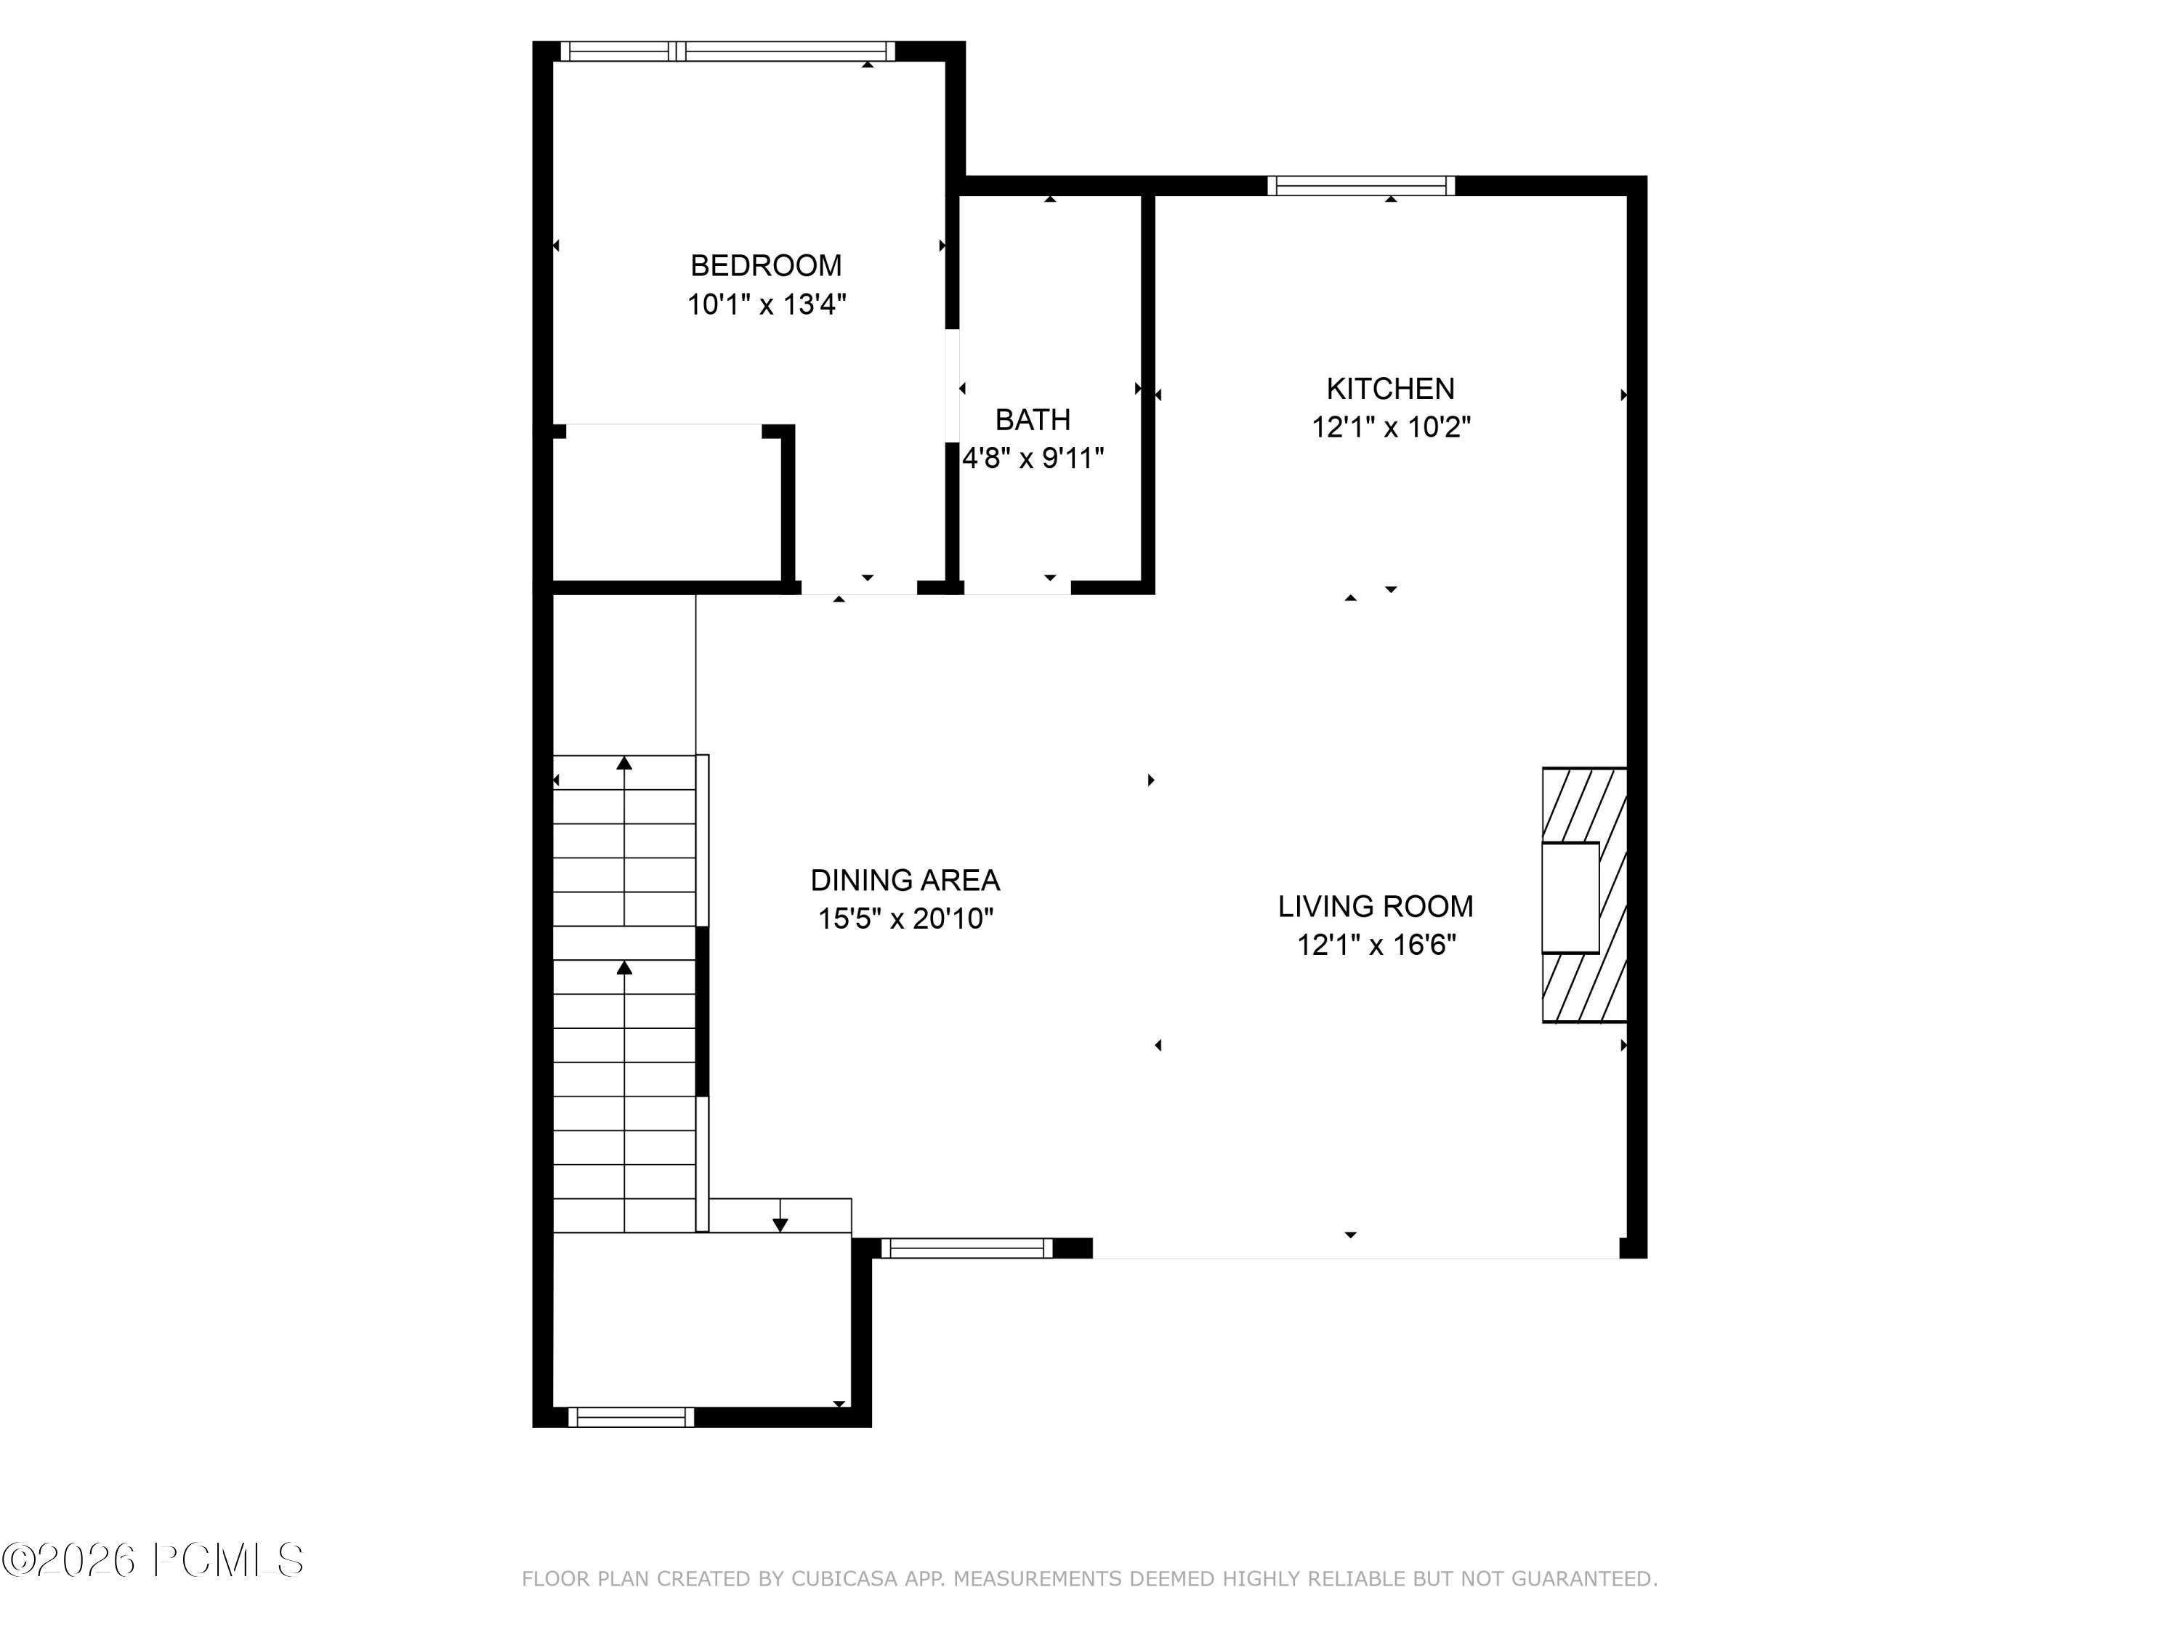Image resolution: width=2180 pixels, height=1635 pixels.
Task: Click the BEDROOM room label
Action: point(766,266)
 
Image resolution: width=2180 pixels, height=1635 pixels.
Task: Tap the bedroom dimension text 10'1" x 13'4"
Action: point(766,304)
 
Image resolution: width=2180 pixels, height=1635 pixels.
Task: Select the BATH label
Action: point(1032,421)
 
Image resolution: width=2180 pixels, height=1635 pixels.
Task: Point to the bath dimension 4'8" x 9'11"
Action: point(1032,459)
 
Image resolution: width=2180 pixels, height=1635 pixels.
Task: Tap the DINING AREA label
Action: point(905,880)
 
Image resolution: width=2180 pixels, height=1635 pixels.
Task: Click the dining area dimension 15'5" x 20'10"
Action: point(905,919)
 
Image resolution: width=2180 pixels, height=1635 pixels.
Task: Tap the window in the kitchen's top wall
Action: point(1360,185)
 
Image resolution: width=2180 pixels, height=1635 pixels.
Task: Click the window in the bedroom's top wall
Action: point(727,52)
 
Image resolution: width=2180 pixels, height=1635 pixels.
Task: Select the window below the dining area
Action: point(966,1248)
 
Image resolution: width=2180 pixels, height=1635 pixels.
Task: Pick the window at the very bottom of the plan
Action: point(631,1417)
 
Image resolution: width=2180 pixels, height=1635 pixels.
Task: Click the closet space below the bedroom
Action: point(666,504)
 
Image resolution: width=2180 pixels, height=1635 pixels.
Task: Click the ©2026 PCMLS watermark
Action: point(153,1560)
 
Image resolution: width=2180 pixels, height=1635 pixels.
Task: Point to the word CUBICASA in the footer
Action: point(844,1579)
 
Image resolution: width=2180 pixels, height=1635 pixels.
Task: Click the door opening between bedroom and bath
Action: point(952,385)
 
